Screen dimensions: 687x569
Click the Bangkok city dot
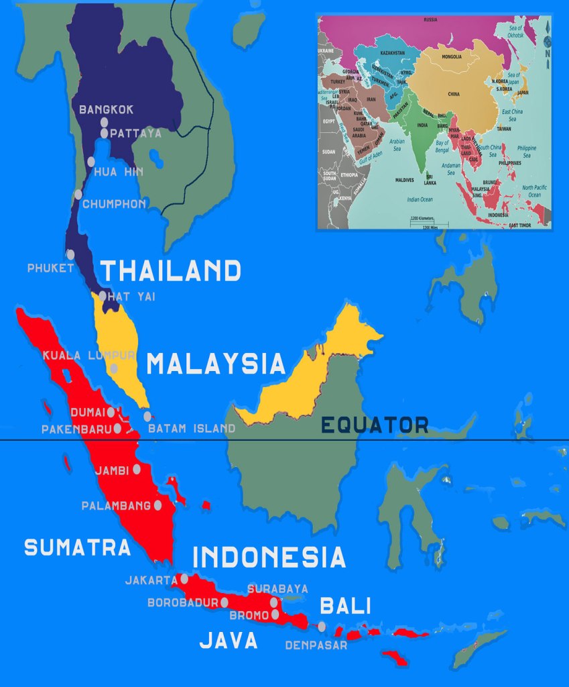coord(104,122)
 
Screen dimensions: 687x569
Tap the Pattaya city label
coord(136,134)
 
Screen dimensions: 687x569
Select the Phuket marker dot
coord(70,254)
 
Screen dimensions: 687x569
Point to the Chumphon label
coord(114,204)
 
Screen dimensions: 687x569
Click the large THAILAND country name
coord(171,271)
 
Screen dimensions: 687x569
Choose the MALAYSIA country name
coord(216,364)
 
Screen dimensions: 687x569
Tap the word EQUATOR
coord(375,425)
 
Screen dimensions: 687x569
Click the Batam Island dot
coord(147,416)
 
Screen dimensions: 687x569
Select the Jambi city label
coord(112,470)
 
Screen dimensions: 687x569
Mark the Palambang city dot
coord(158,505)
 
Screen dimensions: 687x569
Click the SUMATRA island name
coord(77,547)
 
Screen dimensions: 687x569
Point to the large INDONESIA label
coord(269,558)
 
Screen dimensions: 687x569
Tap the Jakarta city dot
coord(184,578)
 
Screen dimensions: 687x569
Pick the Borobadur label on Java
coord(183,602)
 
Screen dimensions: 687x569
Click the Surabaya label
coord(278,589)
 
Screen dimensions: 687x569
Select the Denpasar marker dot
coord(322,627)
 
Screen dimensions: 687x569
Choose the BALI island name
coord(345,606)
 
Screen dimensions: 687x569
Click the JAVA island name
coord(229,641)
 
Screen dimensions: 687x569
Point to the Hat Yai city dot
coord(103,295)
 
